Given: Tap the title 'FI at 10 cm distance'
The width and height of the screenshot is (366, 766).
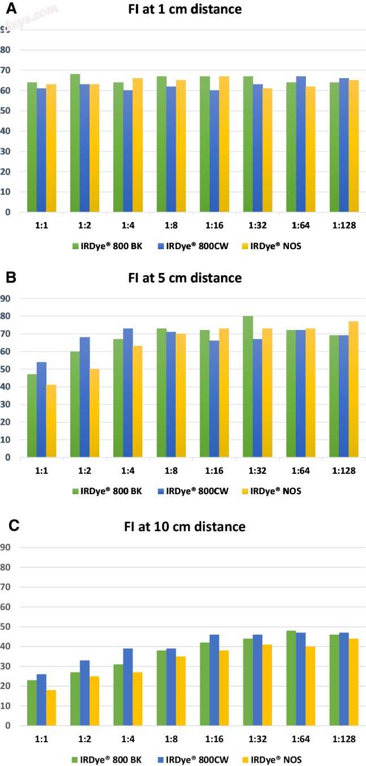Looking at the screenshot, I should click(185, 527).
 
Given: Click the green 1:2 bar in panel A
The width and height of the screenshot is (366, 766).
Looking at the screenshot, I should click(75, 143).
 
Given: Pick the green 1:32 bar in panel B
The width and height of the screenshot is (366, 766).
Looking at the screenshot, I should click(247, 387).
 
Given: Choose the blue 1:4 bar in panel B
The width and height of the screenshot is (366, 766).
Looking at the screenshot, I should click(129, 393).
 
